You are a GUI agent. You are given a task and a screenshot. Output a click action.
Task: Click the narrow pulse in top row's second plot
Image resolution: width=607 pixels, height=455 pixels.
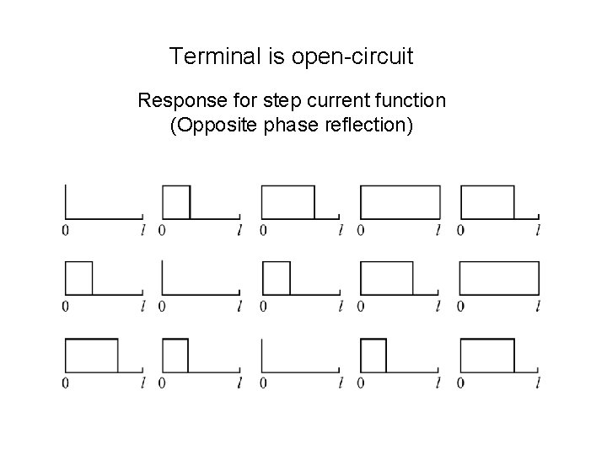(x=176, y=202)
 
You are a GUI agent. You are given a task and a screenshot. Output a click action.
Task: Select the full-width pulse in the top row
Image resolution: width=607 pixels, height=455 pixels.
(x=400, y=202)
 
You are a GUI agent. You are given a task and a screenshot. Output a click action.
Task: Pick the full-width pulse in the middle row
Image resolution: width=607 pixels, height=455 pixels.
(x=499, y=278)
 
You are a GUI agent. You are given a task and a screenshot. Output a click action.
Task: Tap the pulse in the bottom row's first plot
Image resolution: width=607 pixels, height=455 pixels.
(x=91, y=355)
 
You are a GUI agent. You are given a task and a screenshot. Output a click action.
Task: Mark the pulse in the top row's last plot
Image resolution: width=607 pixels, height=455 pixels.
(x=486, y=202)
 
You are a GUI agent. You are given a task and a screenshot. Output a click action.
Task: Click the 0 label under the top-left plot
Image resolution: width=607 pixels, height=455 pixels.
(x=65, y=229)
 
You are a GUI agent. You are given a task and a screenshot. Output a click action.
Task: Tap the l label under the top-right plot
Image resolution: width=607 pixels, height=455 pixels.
(x=538, y=229)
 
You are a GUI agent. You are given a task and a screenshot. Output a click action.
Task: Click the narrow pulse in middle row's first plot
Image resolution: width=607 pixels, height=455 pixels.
(x=78, y=278)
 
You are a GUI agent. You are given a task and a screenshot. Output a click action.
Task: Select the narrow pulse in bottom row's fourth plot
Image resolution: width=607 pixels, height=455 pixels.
(x=373, y=355)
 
